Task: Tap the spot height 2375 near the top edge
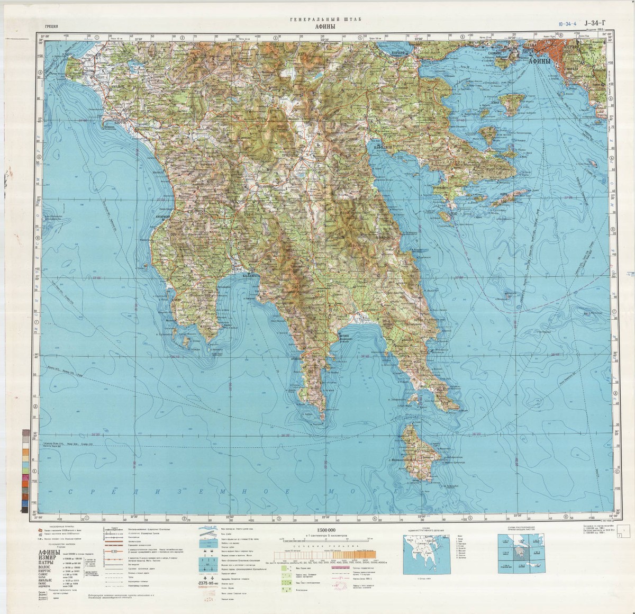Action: point(302,55)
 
